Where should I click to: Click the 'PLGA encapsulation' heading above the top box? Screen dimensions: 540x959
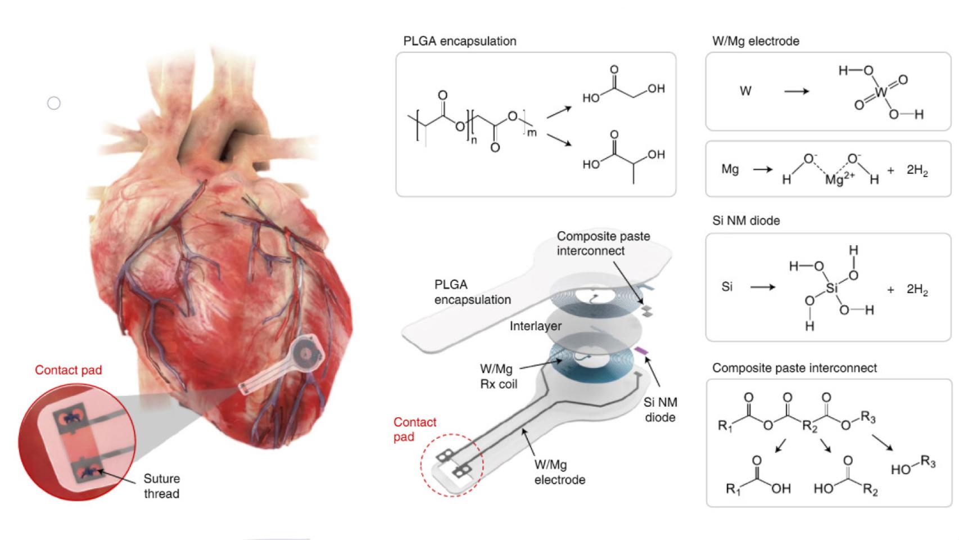(x=459, y=41)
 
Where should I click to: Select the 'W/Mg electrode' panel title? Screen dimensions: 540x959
(x=755, y=41)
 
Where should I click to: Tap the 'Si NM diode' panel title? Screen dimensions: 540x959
(x=745, y=220)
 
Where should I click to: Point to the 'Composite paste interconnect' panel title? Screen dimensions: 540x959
(x=794, y=368)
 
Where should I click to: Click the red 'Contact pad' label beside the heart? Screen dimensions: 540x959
(x=69, y=370)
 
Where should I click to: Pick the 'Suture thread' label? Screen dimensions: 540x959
(x=162, y=486)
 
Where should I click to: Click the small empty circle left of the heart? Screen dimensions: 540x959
(x=54, y=103)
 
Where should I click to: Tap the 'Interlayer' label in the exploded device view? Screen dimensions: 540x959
(x=535, y=326)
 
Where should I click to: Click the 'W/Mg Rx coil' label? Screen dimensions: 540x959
(x=498, y=377)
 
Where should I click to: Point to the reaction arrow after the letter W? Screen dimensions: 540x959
(x=797, y=91)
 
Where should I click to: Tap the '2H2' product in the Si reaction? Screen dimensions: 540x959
(x=916, y=290)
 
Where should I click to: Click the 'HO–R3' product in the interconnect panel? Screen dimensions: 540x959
(x=913, y=466)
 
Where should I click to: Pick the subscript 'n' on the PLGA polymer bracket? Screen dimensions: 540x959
(x=473, y=141)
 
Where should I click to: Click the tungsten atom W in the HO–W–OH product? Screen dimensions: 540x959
(x=881, y=91)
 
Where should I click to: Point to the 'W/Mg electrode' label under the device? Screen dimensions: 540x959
(x=559, y=472)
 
